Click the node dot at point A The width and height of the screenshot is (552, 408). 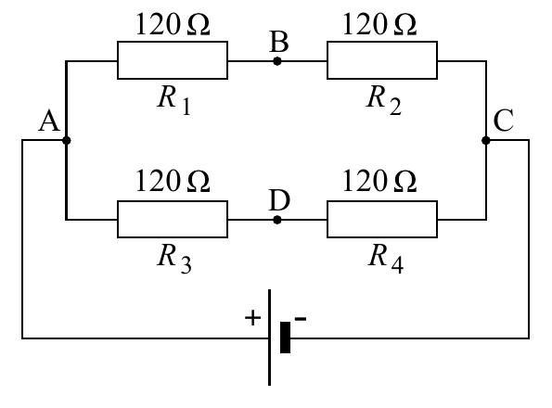coord(66,140)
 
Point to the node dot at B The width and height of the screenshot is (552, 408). coord(277,61)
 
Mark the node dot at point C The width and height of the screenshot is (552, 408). coord(486,140)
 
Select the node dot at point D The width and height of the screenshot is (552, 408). coord(277,220)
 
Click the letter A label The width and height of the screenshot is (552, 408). coord(49,121)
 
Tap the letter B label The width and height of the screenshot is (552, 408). coord(279,42)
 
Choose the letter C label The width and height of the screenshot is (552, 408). coord(504,121)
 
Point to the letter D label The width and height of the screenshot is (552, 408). coord(279,199)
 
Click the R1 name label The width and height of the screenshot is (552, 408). coord(174,100)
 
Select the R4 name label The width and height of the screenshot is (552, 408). coord(386,259)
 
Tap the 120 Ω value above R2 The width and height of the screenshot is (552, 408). coord(379,24)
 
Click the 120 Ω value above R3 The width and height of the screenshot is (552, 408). coord(173,181)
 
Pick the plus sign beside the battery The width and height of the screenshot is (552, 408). coord(252,318)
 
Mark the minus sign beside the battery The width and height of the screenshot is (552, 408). coord(301,319)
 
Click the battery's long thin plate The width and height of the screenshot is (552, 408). coord(270,338)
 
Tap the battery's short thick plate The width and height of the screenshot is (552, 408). coord(285,338)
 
